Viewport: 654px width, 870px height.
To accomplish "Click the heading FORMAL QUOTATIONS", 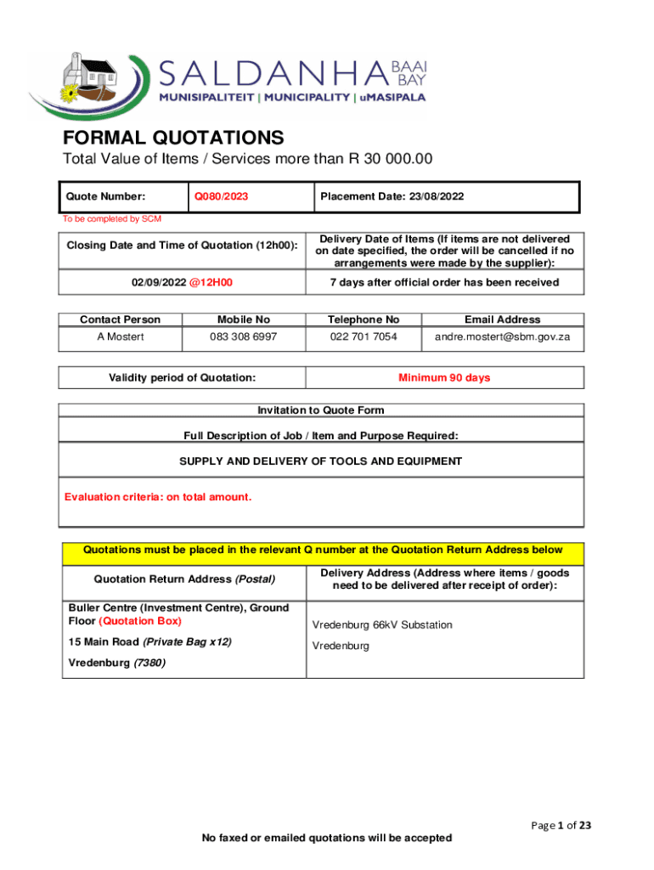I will pyautogui.click(x=173, y=138).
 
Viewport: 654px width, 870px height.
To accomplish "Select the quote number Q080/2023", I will pyautogui.click(x=221, y=197).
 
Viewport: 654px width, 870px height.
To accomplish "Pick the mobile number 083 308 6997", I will pyautogui.click(x=244, y=337).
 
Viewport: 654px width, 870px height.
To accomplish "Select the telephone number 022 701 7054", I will pyautogui.click(x=363, y=337).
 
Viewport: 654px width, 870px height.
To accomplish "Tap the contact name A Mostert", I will pyautogui.click(x=120, y=337).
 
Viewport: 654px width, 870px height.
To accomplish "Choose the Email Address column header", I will pyautogui.click(x=502, y=319).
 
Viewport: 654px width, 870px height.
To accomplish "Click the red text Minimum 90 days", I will pyautogui.click(x=444, y=378).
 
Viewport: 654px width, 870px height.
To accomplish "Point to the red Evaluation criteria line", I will pyautogui.click(x=158, y=497).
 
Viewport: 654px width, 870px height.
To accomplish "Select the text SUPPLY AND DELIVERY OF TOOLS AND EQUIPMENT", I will pyautogui.click(x=320, y=461).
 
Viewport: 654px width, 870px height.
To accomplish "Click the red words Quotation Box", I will pyautogui.click(x=140, y=621).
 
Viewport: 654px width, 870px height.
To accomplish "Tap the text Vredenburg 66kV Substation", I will pyautogui.click(x=382, y=625).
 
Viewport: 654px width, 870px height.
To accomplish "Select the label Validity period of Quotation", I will pyautogui.click(x=183, y=378).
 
